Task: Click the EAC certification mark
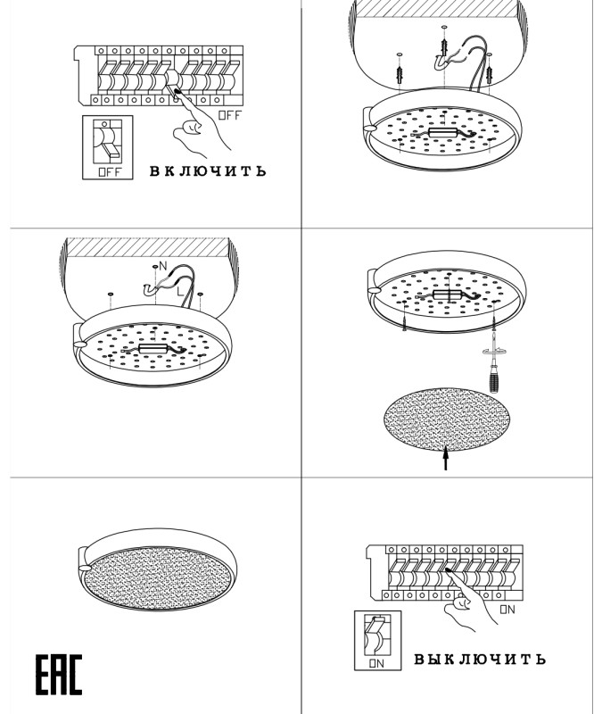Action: pos(59,675)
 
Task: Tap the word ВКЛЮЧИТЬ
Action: pos(208,171)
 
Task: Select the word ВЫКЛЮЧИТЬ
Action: pos(479,659)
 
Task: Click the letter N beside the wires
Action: pos(163,266)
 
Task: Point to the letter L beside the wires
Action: pos(180,292)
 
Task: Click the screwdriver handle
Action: pos(494,379)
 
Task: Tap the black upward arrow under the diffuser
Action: pos(446,459)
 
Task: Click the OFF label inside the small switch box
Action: pos(111,172)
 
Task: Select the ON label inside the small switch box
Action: pos(376,663)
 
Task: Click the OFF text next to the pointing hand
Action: pos(230,115)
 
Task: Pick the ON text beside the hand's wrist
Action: pos(507,610)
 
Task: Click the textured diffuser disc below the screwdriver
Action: pos(447,419)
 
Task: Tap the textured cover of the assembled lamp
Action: pos(157,578)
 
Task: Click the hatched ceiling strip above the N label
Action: pos(147,247)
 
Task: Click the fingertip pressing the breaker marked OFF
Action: pos(177,92)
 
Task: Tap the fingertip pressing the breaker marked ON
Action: pos(449,569)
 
